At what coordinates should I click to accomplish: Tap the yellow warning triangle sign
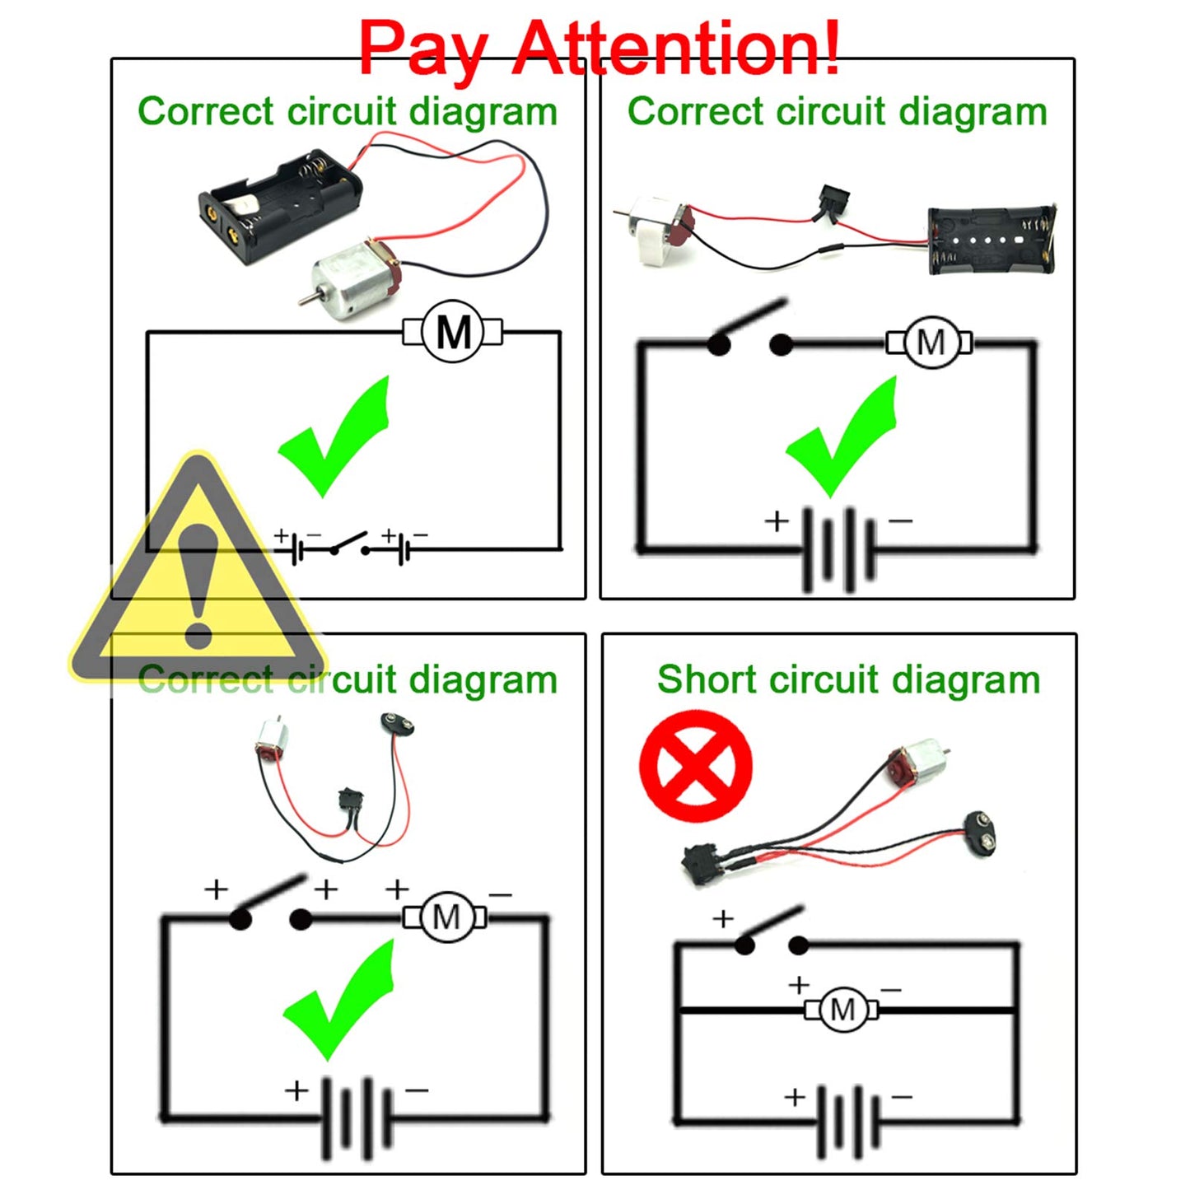(x=198, y=576)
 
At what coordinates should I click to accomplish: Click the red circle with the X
(x=696, y=767)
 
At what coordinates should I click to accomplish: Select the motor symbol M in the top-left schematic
(x=452, y=333)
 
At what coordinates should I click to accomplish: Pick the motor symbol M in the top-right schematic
(x=930, y=342)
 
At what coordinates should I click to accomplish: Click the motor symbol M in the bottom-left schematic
(x=446, y=917)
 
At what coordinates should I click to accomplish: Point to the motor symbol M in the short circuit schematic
(x=842, y=1009)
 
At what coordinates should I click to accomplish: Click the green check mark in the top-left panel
(x=338, y=436)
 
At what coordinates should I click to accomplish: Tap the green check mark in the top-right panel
(x=844, y=436)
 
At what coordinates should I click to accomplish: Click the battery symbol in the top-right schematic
(x=838, y=549)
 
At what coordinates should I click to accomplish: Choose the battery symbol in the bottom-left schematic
(x=357, y=1118)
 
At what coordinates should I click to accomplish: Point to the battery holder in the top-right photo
(x=991, y=240)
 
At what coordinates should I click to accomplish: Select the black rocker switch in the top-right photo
(x=833, y=202)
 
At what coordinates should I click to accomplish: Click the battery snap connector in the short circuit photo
(x=983, y=831)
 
